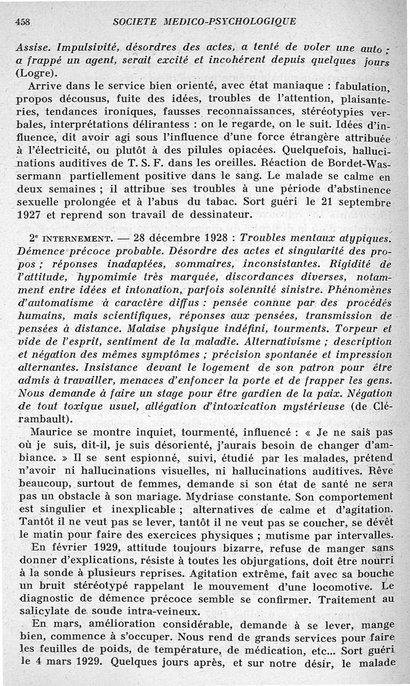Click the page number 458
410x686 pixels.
[x=24, y=21]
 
